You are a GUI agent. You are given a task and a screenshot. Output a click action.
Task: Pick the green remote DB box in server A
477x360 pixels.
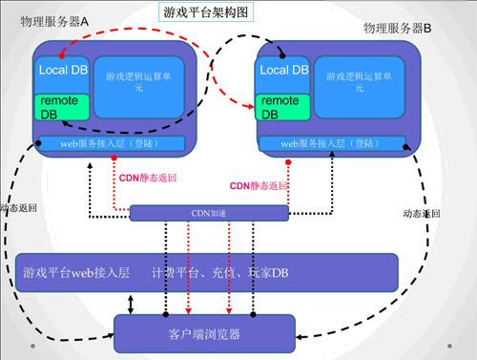click(x=61, y=108)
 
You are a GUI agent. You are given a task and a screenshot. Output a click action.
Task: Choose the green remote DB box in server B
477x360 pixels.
click(x=283, y=107)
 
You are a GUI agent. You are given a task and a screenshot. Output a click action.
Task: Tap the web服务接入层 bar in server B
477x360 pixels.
click(x=334, y=143)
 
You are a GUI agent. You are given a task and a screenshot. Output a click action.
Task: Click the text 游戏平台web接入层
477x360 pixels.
click(x=75, y=273)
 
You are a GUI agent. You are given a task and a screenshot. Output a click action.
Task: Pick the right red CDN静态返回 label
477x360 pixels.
click(x=259, y=184)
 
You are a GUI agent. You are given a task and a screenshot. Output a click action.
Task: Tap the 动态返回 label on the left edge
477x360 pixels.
click(x=18, y=208)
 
